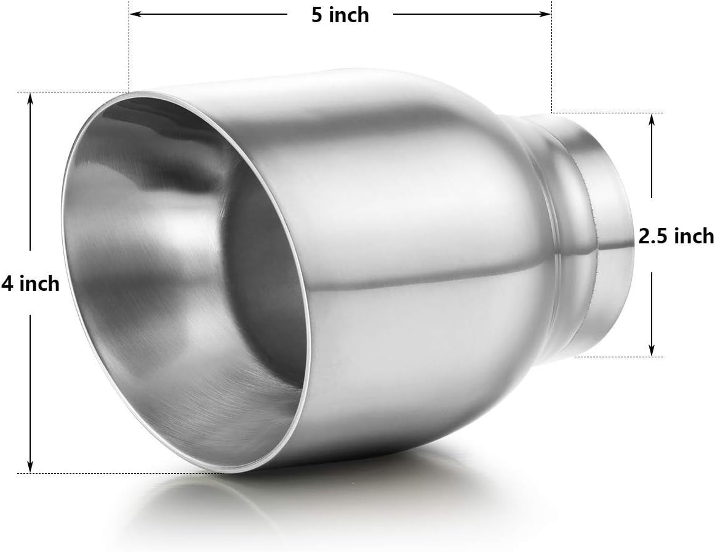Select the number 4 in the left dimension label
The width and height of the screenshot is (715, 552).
click(x=7, y=283)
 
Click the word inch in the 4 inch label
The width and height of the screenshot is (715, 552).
click(x=39, y=283)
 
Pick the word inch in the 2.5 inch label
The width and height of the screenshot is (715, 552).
click(x=694, y=236)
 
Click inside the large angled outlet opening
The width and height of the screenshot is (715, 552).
click(x=185, y=277)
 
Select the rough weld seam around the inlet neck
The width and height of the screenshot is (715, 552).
click(x=592, y=234)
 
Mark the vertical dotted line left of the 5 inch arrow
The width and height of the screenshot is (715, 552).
click(x=128, y=49)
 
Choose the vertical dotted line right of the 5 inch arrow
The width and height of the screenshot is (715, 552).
click(x=551, y=62)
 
